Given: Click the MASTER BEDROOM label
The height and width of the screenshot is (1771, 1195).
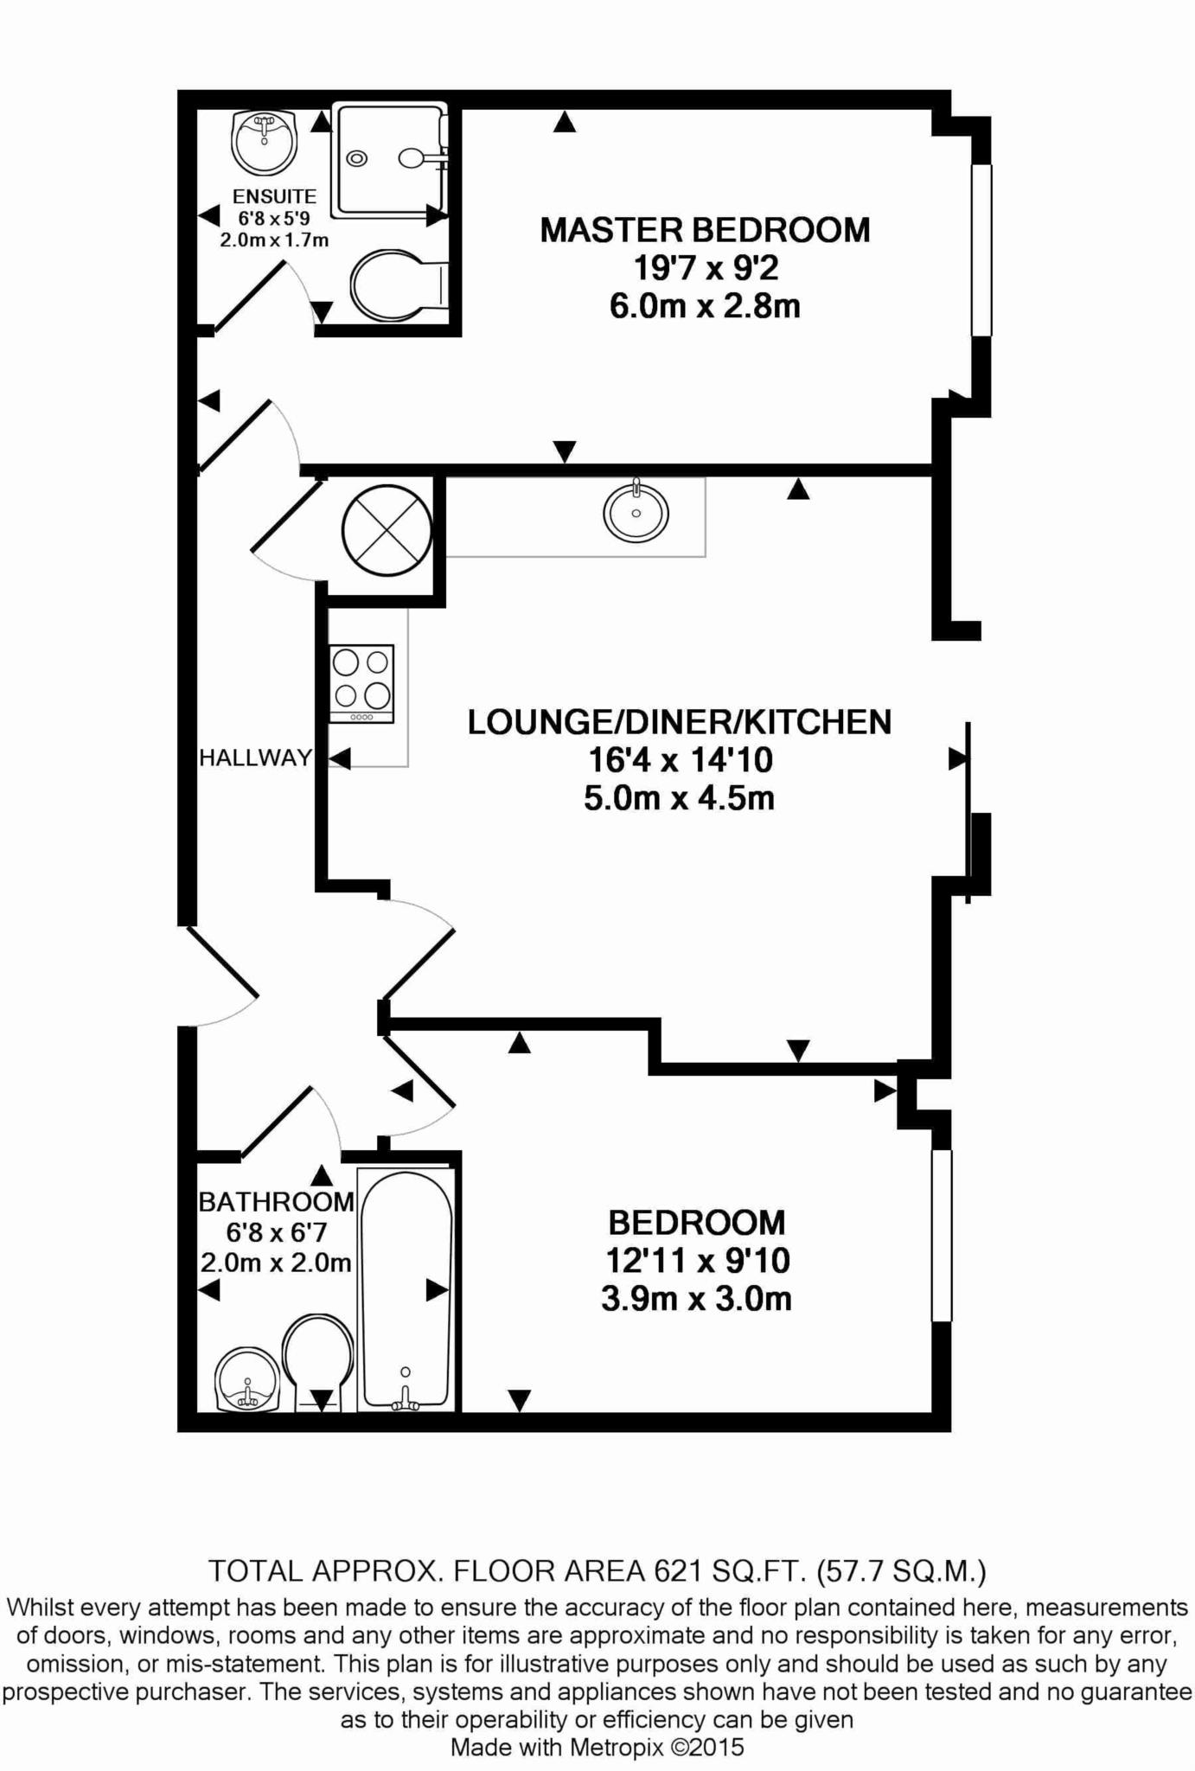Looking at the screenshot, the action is tap(705, 230).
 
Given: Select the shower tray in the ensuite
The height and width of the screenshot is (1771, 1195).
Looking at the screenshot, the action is tap(391, 160).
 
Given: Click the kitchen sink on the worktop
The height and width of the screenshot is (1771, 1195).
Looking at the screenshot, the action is tap(636, 512).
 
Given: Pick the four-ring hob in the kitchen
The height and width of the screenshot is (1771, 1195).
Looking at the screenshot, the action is tap(361, 684).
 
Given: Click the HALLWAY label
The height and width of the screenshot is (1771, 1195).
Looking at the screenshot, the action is tap(255, 758).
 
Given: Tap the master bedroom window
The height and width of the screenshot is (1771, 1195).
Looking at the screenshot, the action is tap(981, 250).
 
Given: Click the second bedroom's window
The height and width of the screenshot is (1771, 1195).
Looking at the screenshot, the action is tap(942, 1236).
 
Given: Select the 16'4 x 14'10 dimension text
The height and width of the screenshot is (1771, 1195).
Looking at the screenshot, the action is tap(680, 760).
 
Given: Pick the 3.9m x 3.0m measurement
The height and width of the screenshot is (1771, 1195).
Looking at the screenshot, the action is tap(696, 1299).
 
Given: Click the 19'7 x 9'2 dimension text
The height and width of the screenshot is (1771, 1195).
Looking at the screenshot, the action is tap(706, 268).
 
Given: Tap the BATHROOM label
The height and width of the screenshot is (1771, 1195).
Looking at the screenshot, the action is tap(277, 1201).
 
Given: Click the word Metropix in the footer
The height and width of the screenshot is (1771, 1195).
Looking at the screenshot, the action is tap(616, 1747).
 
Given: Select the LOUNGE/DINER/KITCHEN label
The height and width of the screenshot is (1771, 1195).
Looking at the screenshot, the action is tap(680, 722).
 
